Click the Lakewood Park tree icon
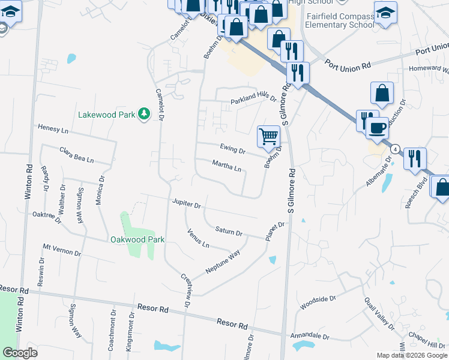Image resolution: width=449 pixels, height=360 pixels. [x=143, y=113]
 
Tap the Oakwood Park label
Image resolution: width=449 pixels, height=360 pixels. [x=137, y=239]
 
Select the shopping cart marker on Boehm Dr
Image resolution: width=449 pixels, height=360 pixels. [x=268, y=136]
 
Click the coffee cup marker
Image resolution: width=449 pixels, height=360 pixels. [x=377, y=128]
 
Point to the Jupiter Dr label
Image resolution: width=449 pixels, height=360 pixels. [x=185, y=204]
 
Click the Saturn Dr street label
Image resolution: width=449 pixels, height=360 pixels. [x=228, y=231]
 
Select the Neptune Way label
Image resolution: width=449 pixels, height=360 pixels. [x=223, y=262]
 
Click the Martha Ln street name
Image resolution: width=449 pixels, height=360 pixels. [x=227, y=166]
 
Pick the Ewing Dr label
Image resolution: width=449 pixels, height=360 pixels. [x=233, y=148]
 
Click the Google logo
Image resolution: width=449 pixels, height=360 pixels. [x=20, y=353]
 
